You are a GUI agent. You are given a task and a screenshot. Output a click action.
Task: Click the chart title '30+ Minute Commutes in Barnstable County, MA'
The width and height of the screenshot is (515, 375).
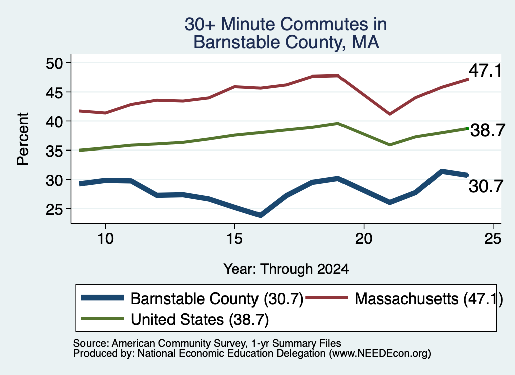(286, 33)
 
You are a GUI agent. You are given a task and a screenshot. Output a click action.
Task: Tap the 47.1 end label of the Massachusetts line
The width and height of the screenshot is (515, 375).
(485, 70)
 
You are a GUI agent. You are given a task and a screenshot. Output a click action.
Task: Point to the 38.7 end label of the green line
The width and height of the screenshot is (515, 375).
(488, 130)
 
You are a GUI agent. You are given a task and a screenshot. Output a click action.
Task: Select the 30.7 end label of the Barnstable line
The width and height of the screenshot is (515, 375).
(486, 186)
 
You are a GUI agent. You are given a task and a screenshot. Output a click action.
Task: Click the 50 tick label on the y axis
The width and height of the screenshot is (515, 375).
(54, 63)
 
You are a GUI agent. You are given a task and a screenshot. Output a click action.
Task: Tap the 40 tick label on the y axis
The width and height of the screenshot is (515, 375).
(54, 122)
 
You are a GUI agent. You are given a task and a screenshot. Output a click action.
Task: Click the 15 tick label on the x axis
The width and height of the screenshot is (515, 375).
(234, 238)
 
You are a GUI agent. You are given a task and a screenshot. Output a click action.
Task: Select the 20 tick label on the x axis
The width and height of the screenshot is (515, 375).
(364, 238)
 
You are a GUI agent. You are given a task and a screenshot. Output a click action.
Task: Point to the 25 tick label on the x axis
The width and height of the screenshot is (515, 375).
(493, 238)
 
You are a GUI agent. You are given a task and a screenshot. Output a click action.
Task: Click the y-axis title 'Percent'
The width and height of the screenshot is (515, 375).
(23, 139)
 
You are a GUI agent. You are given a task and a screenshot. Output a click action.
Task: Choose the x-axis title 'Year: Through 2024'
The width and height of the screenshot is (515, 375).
(286, 269)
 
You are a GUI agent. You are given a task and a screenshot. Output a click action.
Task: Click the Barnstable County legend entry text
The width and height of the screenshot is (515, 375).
(217, 299)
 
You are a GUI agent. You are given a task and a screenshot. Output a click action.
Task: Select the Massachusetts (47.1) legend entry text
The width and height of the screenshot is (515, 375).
(428, 299)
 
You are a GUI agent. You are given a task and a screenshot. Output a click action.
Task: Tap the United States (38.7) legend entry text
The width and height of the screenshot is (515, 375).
(200, 320)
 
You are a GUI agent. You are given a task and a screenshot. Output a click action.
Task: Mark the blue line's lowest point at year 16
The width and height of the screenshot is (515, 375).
(260, 215)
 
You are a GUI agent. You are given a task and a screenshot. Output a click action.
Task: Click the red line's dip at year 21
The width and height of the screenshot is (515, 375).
(390, 114)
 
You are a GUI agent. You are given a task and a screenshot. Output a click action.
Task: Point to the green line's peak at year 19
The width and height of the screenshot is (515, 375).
(338, 124)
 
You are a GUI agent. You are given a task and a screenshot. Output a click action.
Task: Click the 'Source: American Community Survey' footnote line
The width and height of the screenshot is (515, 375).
(207, 343)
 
